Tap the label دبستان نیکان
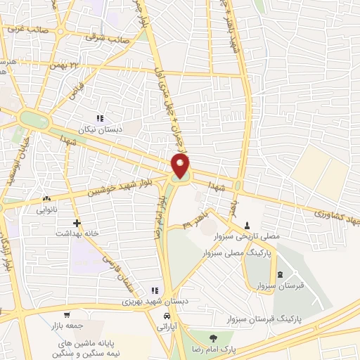[x=119, y=129]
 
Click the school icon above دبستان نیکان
[x=101, y=119]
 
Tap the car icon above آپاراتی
[x=166, y=316]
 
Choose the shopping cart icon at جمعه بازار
[x=67, y=316]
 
